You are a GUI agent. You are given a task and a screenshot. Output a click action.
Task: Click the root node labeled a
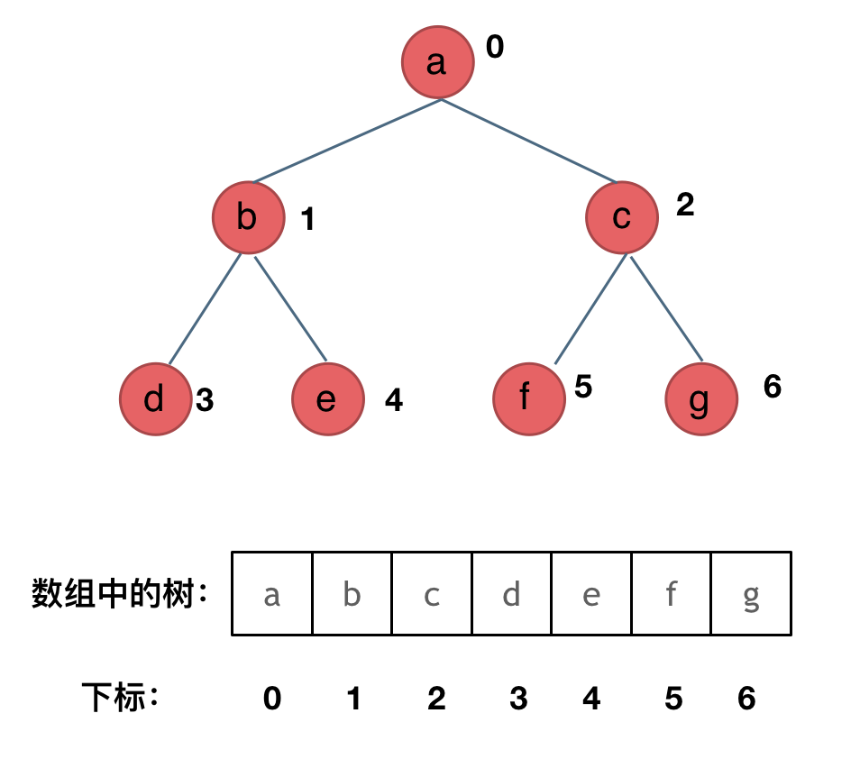[x=437, y=62]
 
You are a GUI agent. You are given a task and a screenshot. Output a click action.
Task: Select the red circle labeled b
[x=248, y=218]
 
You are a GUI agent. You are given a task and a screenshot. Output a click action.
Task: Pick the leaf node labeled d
[x=155, y=398]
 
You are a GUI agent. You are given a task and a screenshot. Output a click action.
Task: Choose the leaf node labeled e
[x=328, y=398]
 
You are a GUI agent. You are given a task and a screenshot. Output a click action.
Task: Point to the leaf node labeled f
[x=528, y=398]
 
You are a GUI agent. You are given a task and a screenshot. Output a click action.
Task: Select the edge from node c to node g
[x=666, y=308]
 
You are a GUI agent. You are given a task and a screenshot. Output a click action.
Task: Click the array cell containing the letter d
[x=511, y=595]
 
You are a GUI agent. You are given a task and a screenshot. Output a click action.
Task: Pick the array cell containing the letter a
[x=272, y=595]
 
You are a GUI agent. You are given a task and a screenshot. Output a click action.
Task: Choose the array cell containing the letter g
[x=751, y=595]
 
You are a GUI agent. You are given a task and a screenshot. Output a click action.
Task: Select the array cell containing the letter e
[x=591, y=595]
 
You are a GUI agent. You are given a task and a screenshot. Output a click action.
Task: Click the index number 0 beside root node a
[x=495, y=47]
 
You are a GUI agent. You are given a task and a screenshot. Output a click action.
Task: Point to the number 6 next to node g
[x=772, y=387]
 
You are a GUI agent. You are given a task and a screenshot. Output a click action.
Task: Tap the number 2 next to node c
[x=685, y=206]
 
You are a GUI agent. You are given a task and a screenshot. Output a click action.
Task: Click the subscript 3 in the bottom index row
[x=517, y=699]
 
